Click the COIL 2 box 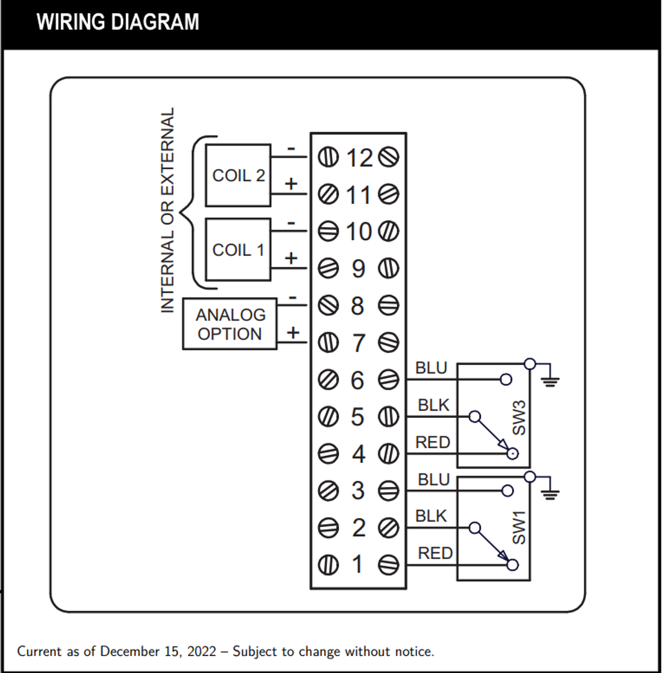238,175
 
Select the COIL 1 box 238,250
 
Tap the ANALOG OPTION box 230,324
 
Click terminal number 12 359,158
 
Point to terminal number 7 358,343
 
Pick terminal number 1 358,565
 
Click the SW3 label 518,418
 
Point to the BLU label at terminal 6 431,368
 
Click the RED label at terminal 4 433,443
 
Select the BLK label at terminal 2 431,516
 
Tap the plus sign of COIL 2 291,183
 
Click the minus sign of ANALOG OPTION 293,298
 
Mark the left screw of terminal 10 328,231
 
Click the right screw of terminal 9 389,268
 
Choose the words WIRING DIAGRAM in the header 118,22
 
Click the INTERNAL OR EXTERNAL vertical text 167,210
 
